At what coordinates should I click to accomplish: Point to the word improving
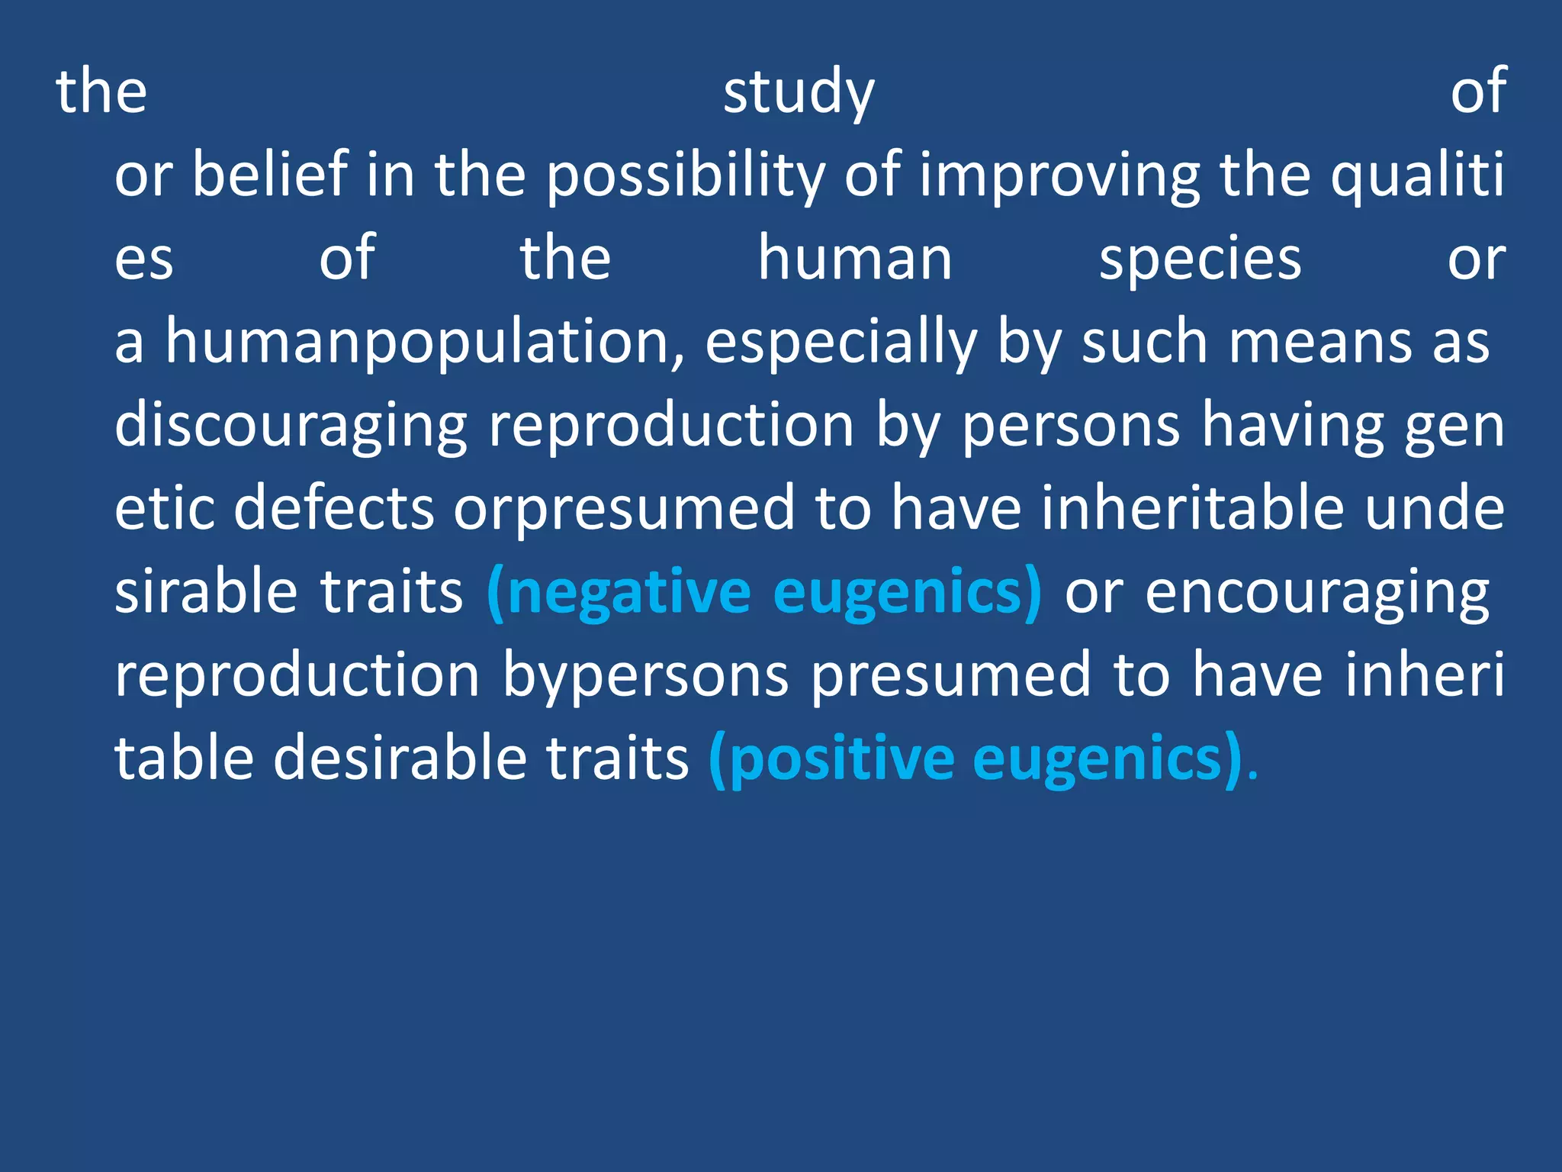[1059, 175]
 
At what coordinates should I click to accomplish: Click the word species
[1200, 259]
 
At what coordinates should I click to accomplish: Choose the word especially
[840, 342]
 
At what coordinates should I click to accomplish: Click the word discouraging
[291, 426]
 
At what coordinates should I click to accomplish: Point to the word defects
[333, 508]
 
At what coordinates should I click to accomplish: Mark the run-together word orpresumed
[625, 510]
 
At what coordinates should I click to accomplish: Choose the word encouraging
[1317, 594]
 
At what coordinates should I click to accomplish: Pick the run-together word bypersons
[645, 676]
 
